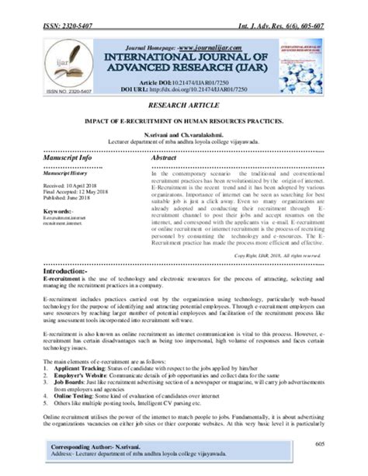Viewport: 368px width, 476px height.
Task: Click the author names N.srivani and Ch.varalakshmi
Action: [183, 134]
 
